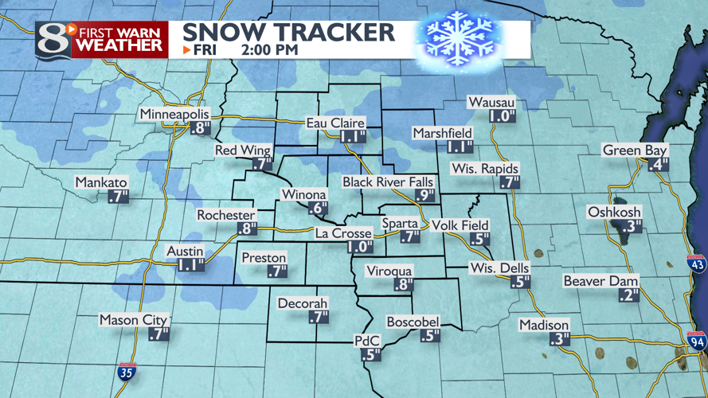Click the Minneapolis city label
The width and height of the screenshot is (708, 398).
tap(174, 115)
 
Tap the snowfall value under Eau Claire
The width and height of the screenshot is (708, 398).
tap(352, 137)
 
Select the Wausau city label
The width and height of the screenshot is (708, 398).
tap(491, 103)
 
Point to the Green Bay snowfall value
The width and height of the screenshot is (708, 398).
tap(658, 165)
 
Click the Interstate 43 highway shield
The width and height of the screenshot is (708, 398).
tap(698, 263)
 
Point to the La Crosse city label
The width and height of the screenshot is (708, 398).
tap(343, 233)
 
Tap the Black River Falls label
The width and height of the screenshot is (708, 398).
tap(388, 182)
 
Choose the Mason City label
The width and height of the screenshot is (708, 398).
tap(134, 320)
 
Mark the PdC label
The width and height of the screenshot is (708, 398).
tap(368, 341)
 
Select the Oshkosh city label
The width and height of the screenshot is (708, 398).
tap(614, 212)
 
